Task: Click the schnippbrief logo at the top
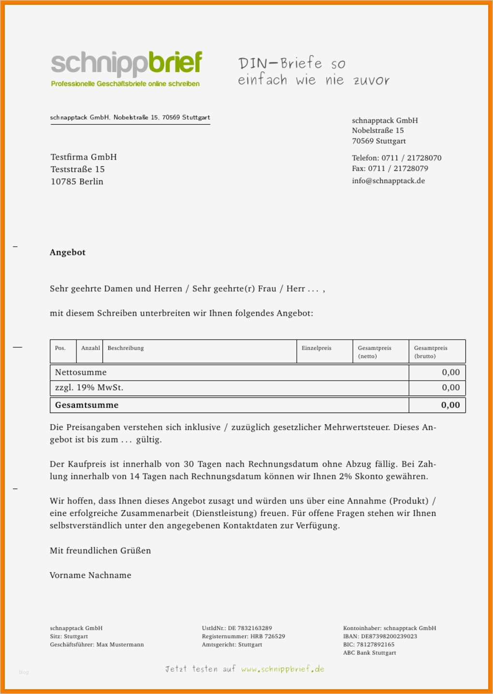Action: (126, 65)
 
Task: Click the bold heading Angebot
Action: (68, 252)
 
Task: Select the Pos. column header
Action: (60, 348)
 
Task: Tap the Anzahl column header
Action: (90, 348)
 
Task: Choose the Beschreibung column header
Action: (126, 348)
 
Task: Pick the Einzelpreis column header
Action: (317, 348)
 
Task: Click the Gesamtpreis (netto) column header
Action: (375, 352)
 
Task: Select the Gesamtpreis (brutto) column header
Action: (431, 352)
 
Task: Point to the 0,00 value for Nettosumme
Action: (450, 372)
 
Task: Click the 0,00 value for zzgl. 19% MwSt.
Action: (450, 387)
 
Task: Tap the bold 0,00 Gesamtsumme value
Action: (450, 405)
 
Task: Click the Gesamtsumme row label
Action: (87, 405)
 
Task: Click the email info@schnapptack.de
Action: (388, 181)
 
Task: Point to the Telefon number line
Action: (396, 158)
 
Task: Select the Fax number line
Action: (390, 169)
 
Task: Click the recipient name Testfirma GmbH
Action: (84, 157)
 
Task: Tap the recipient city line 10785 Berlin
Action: (77, 182)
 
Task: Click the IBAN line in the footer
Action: (380, 636)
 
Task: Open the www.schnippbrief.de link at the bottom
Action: (283, 669)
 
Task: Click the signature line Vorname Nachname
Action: (90, 576)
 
